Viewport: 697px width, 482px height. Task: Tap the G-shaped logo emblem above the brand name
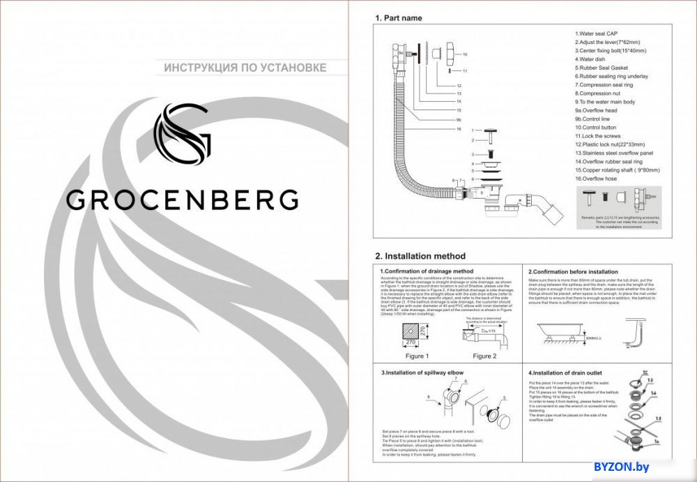pos(183,134)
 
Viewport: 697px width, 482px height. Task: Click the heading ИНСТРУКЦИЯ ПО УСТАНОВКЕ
pos(245,68)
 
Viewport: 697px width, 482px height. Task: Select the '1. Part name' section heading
pos(398,18)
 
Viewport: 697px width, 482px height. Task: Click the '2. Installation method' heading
pos(420,256)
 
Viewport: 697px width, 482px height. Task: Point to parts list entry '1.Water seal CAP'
pos(596,33)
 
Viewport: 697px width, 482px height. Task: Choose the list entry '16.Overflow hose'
pos(597,179)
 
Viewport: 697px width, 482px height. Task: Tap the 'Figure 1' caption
pos(418,356)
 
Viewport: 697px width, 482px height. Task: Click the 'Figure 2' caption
pos(484,356)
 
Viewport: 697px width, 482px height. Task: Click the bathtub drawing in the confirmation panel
pos(560,331)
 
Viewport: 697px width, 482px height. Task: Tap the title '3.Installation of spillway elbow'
pos(422,373)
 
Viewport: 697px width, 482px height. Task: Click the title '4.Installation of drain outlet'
pos(566,373)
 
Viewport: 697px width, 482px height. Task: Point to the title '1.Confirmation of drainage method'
pos(426,271)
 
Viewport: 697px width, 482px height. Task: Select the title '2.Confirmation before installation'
pos(573,271)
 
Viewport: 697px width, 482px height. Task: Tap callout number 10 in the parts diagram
pos(465,54)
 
